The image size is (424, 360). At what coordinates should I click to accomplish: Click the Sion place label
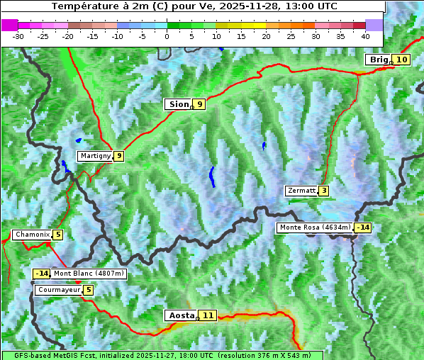(x=178, y=104)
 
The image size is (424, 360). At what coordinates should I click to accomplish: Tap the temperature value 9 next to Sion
(x=199, y=104)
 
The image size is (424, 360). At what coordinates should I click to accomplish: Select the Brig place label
(x=377, y=60)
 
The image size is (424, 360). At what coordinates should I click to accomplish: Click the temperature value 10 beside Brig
(x=401, y=60)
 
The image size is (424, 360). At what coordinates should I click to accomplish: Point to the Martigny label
(x=94, y=156)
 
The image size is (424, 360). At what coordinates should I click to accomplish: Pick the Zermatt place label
(x=301, y=191)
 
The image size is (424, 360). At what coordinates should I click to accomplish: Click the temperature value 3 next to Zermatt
(x=323, y=191)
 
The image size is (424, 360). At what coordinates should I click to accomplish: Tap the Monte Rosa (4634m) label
(x=314, y=227)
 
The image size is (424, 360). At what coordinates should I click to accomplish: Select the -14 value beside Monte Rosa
(x=363, y=227)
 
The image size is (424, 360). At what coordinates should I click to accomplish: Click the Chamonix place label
(x=31, y=235)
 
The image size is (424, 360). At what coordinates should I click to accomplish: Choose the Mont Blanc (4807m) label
(x=89, y=274)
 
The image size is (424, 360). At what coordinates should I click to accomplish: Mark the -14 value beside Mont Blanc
(x=42, y=274)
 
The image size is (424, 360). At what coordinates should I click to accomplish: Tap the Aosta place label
(x=181, y=315)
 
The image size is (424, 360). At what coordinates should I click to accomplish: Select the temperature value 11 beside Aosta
(x=207, y=315)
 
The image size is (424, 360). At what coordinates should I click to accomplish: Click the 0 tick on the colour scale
(x=167, y=35)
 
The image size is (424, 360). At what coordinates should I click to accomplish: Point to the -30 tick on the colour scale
(x=18, y=35)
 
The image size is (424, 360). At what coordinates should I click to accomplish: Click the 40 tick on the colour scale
(x=365, y=35)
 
